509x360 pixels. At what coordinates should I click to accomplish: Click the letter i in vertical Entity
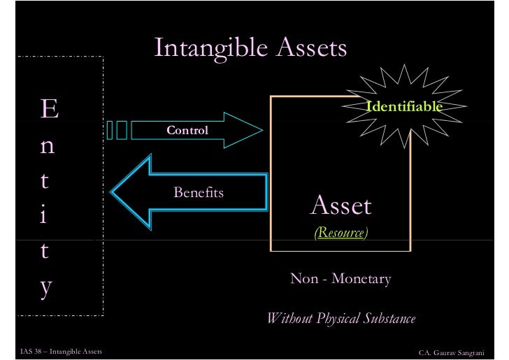pos(43,215)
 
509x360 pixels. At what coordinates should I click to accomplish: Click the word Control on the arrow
pos(187,131)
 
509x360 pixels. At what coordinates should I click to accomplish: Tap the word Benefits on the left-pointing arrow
pos(199,192)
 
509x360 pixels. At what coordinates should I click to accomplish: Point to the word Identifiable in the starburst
pos(405,107)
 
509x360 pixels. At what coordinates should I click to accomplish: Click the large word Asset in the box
pos(340,206)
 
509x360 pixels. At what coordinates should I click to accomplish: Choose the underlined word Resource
pos(340,233)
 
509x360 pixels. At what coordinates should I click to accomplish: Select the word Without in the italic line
pos(289,319)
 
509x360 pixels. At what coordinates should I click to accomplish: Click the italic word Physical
pos(336,319)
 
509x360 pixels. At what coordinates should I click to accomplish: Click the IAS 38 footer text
pos(57,350)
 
